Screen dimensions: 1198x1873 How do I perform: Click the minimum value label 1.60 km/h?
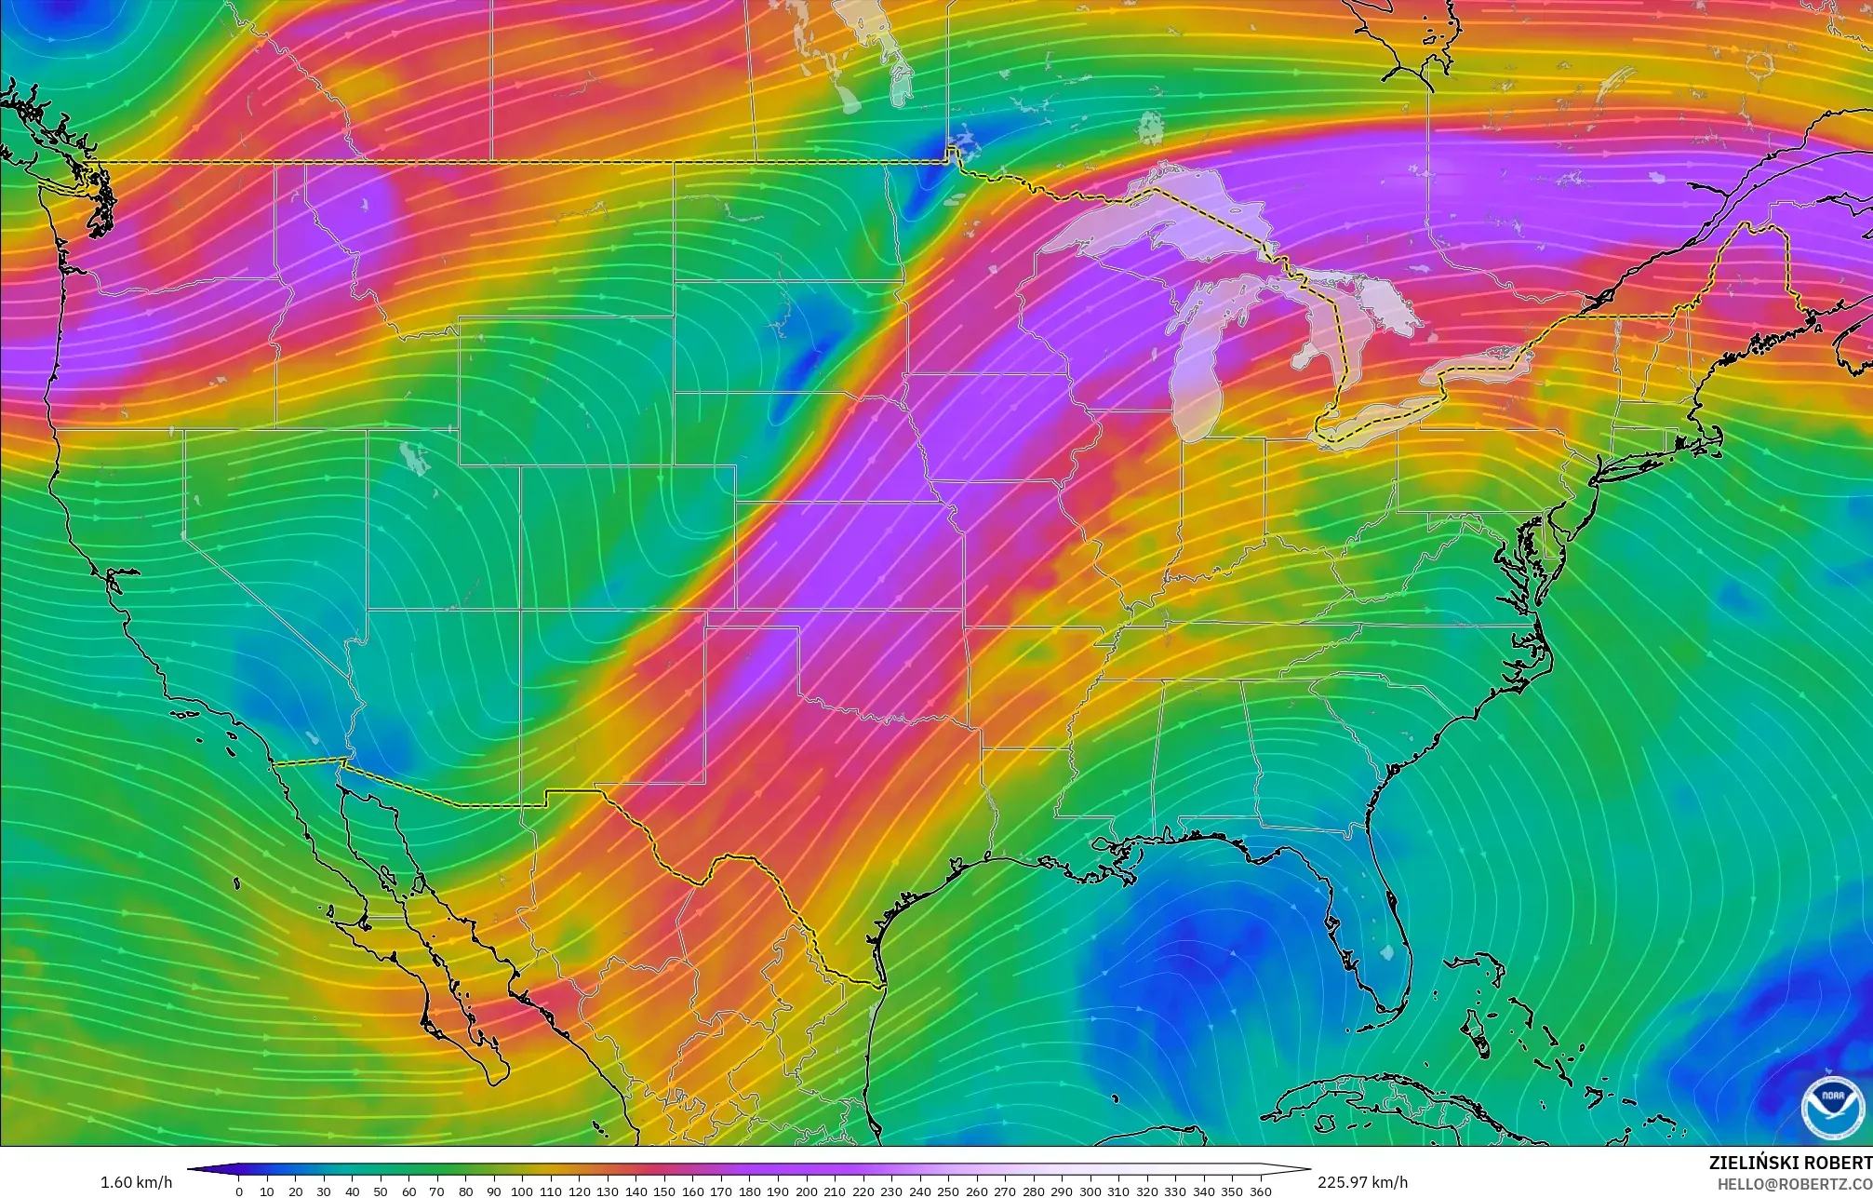[136, 1182]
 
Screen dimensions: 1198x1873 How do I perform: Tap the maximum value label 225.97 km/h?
[1362, 1182]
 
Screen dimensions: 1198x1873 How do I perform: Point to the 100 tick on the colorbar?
[521, 1191]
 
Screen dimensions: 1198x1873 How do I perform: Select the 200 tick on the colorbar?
[806, 1191]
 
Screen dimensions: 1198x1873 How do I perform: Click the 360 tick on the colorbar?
[1260, 1191]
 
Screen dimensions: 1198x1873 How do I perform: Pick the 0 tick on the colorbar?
[239, 1191]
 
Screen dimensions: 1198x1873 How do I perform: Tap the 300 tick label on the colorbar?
[1090, 1191]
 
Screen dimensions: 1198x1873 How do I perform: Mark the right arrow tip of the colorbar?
[1309, 1169]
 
